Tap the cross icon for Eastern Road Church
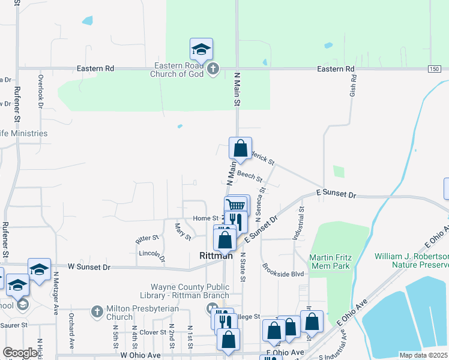click(212, 70)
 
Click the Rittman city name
click(215, 256)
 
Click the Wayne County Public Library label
click(189, 291)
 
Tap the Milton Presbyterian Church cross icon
click(97, 312)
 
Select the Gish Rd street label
click(353, 86)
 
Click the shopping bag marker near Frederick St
click(240, 149)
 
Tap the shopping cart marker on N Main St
click(237, 206)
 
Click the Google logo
click(20, 353)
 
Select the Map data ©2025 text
click(423, 355)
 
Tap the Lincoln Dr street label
click(151, 256)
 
